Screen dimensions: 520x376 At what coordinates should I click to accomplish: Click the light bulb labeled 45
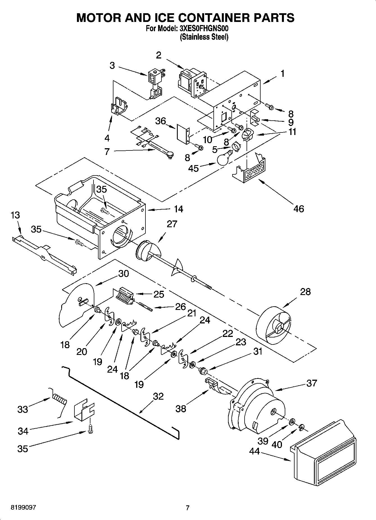pyautogui.click(x=224, y=158)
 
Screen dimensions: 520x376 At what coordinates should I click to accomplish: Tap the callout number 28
pyautogui.click(x=305, y=292)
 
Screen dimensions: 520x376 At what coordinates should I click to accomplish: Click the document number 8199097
pyautogui.click(x=23, y=508)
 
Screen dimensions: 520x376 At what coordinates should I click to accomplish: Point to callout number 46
pyautogui.click(x=299, y=209)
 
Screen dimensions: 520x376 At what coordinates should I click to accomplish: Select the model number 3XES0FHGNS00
pyautogui.click(x=203, y=29)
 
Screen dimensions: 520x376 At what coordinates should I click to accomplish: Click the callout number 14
pyautogui.click(x=178, y=209)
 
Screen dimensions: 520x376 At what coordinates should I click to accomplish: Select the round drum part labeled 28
pyautogui.click(x=274, y=327)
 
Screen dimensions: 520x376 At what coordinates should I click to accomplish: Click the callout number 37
pyautogui.click(x=311, y=383)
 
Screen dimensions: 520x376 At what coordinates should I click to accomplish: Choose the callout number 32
pyautogui.click(x=158, y=396)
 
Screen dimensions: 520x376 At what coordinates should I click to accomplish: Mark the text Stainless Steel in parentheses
pyautogui.click(x=204, y=37)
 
